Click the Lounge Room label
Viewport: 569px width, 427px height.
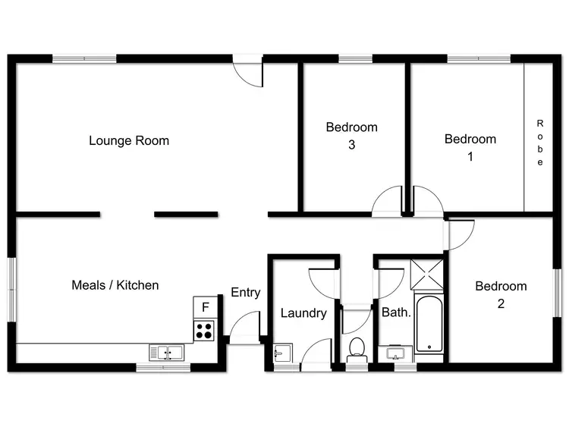[x=129, y=140]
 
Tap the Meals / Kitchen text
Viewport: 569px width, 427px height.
[x=115, y=285]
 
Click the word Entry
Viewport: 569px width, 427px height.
[x=245, y=293]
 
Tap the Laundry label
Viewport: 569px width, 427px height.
[x=303, y=313]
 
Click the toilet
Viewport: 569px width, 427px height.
[x=356, y=350]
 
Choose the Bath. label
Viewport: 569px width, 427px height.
[x=395, y=312]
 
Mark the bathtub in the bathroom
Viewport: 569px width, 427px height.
[x=428, y=323]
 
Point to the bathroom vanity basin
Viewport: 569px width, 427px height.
[x=395, y=354]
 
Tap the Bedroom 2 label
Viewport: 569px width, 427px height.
[x=501, y=294]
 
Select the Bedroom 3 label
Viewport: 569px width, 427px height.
[x=351, y=136]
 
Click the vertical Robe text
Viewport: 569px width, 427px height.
[x=540, y=143]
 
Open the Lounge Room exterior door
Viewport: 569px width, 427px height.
[x=247, y=73]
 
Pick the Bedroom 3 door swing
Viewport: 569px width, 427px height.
[x=389, y=200]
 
